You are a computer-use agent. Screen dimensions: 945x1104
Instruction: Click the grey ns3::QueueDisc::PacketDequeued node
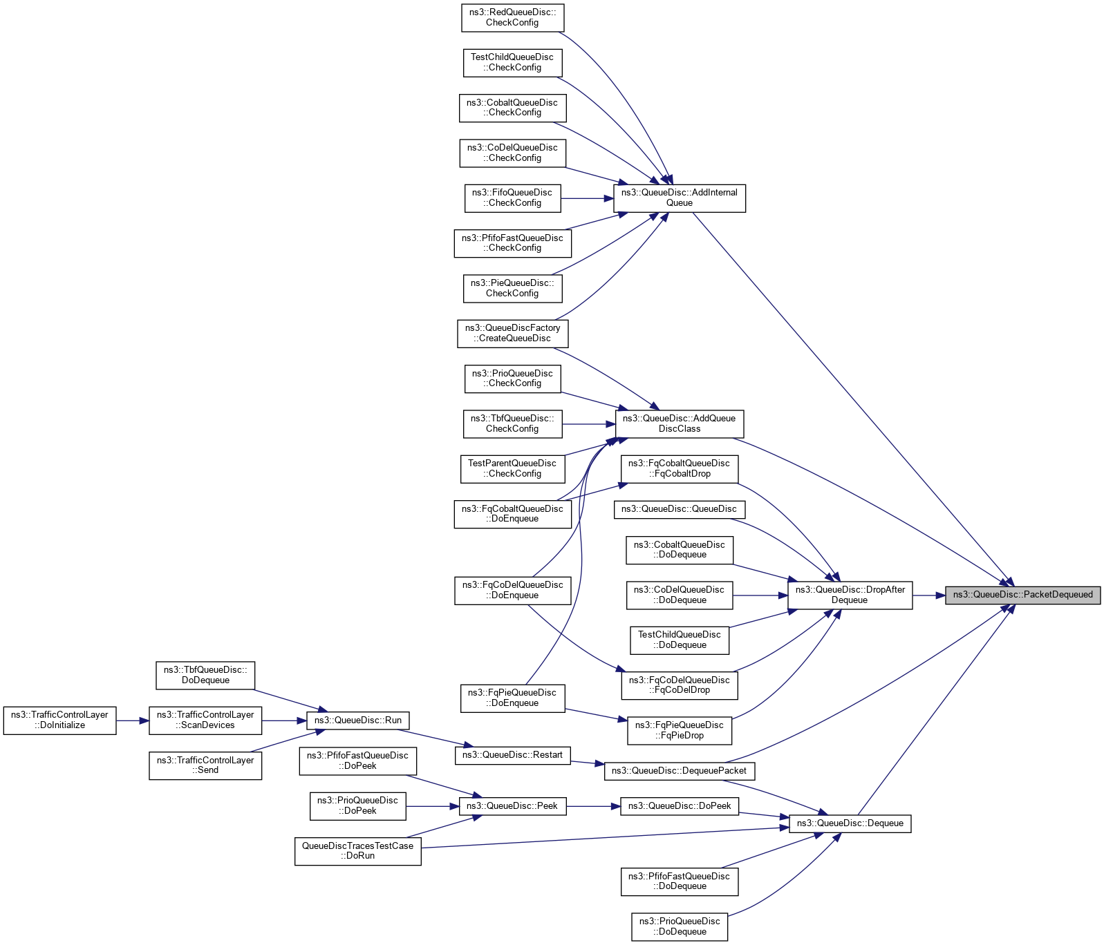1022,595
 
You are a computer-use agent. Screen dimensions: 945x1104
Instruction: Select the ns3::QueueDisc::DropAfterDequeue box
850,595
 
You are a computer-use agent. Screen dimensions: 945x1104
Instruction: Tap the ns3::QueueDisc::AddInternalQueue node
679,198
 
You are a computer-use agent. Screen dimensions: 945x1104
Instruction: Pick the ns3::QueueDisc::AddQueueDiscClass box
679,423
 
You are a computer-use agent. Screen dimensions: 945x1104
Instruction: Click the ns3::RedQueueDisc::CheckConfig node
512,17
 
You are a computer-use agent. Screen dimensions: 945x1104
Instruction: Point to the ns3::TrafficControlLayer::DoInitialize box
59,720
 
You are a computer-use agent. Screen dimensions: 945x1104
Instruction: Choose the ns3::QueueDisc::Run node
357,720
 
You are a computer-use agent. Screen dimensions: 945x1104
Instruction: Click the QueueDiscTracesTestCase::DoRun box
357,850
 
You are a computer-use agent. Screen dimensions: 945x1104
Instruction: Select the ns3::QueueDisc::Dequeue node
850,823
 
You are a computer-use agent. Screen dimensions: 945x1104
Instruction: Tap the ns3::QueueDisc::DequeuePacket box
679,770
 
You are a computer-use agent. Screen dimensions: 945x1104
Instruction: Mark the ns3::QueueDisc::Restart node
512,754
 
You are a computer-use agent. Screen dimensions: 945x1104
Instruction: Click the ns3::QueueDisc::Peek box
512,805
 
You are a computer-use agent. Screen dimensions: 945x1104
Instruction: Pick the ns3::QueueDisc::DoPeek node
679,805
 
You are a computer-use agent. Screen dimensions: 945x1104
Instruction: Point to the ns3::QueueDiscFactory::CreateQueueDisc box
512,333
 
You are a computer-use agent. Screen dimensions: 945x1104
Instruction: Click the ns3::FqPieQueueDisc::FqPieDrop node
679,730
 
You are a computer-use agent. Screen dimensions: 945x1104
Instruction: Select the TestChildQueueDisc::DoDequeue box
679,640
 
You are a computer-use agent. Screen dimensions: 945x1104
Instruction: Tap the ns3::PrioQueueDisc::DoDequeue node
679,926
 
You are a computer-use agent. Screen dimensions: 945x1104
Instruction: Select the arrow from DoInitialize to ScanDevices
132,720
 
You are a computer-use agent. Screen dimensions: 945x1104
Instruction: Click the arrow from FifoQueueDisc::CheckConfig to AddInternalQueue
587,198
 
